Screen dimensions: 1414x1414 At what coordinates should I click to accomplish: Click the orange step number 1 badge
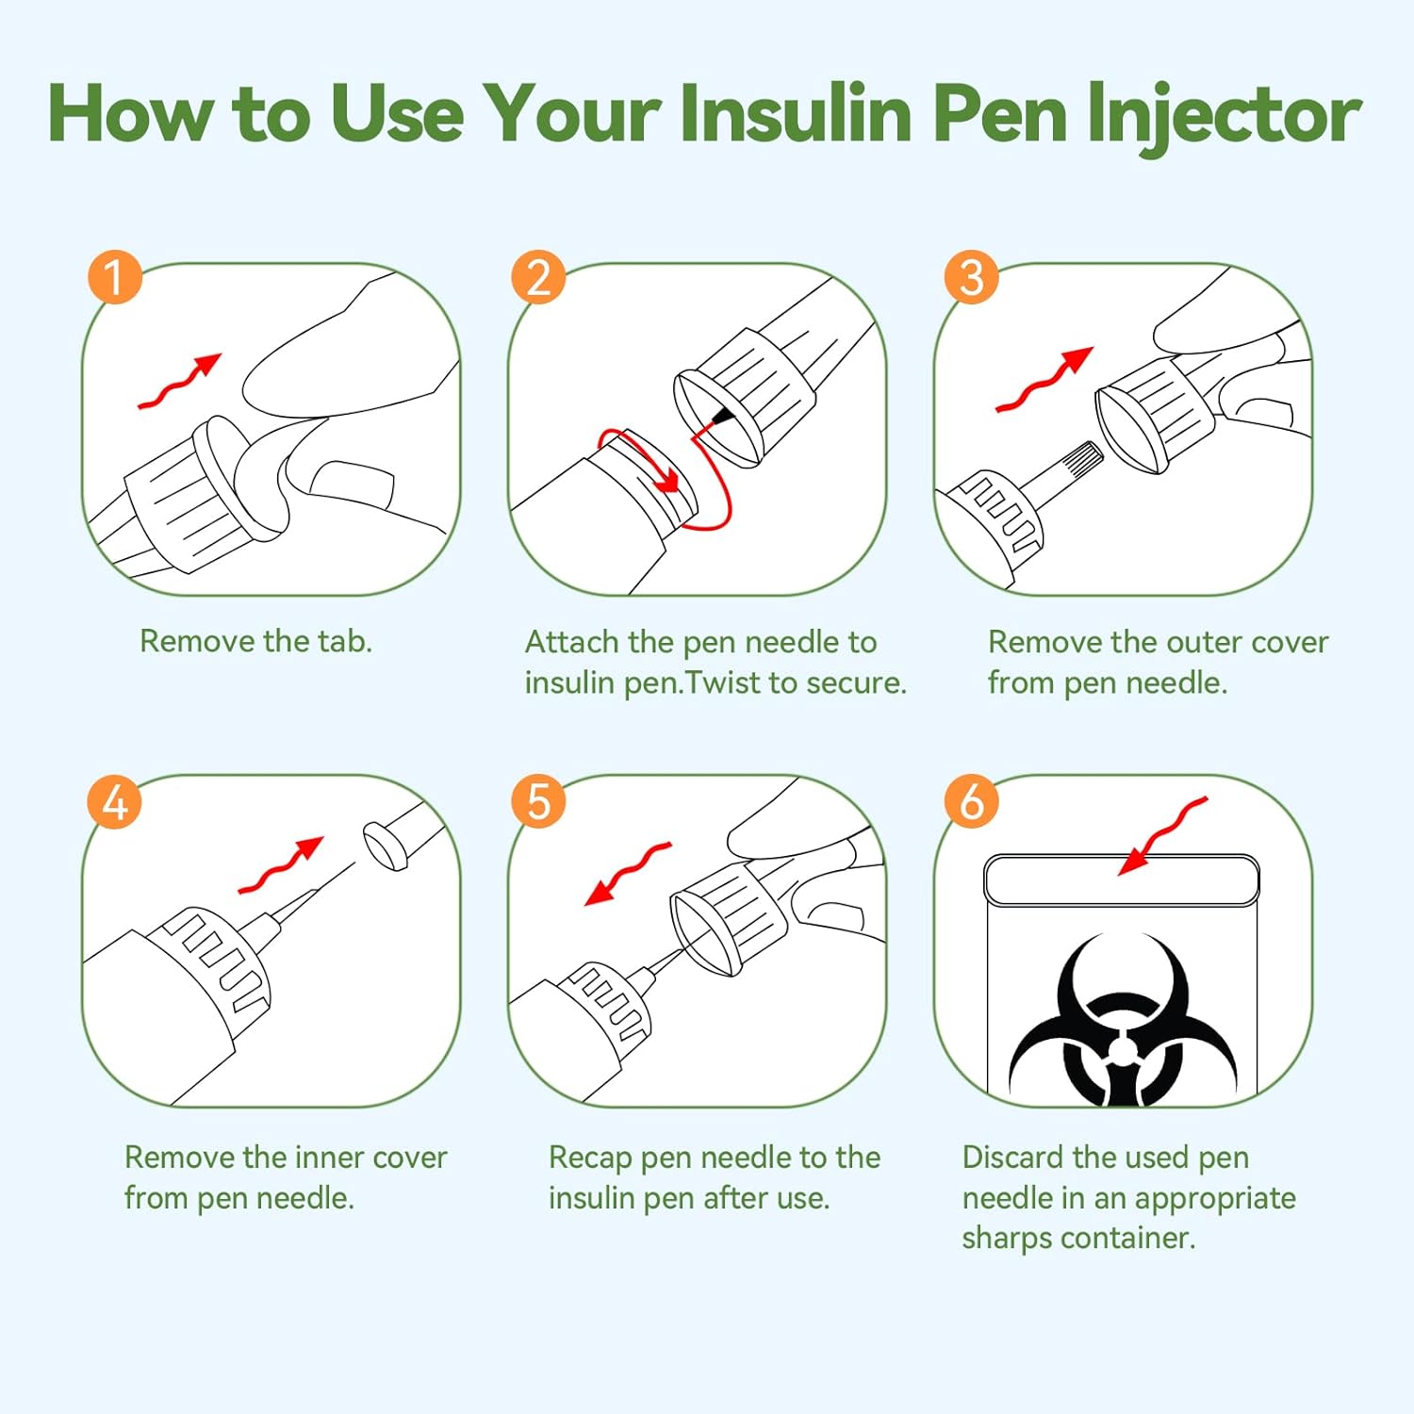coord(114,277)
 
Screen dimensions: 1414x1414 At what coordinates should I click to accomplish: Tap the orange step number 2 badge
coord(538,277)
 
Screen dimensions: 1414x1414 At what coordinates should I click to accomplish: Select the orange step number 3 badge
coord(971,277)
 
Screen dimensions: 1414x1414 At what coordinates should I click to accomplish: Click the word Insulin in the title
coord(795,113)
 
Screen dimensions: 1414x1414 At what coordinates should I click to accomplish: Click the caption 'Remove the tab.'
coord(255,641)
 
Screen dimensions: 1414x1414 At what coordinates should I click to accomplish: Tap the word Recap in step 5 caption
coord(590,1159)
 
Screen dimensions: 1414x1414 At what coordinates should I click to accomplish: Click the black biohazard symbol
coord(1122,1019)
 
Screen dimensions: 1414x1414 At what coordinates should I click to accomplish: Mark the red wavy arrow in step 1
coord(179,382)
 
